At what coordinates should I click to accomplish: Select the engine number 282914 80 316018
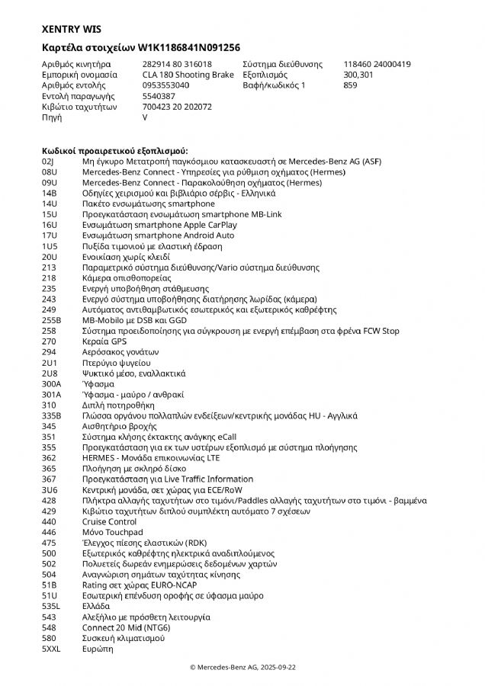pyautogui.click(x=177, y=64)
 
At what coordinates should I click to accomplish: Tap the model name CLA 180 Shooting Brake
pyautogui.click(x=188, y=75)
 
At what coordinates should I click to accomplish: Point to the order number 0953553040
pyautogui.click(x=165, y=86)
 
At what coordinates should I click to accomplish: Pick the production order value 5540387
pyautogui.click(x=159, y=97)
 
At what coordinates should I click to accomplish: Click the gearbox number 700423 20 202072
pyautogui.click(x=177, y=107)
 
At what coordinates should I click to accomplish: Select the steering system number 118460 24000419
pyautogui.click(x=377, y=64)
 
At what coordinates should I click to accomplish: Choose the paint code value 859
pyautogui.click(x=351, y=86)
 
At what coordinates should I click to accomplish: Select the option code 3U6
pyautogui.click(x=50, y=489)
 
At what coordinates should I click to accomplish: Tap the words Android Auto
pyautogui.click(x=210, y=236)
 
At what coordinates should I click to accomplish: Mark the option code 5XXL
pyautogui.click(x=51, y=649)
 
